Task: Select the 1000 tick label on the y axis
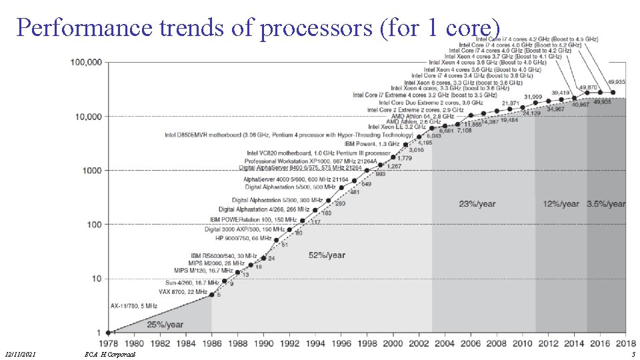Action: [x=91, y=171]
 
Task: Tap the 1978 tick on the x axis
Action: [x=108, y=343]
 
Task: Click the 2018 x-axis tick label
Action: [x=625, y=343]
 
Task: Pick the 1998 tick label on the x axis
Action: [x=367, y=343]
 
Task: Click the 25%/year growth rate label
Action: [x=165, y=325]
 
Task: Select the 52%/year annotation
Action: [x=327, y=255]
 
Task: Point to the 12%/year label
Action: [x=560, y=203]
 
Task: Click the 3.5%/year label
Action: [x=606, y=203]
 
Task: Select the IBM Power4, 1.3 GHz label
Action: [x=372, y=143]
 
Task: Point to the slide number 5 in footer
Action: [x=633, y=354]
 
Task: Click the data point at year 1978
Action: [x=108, y=332]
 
